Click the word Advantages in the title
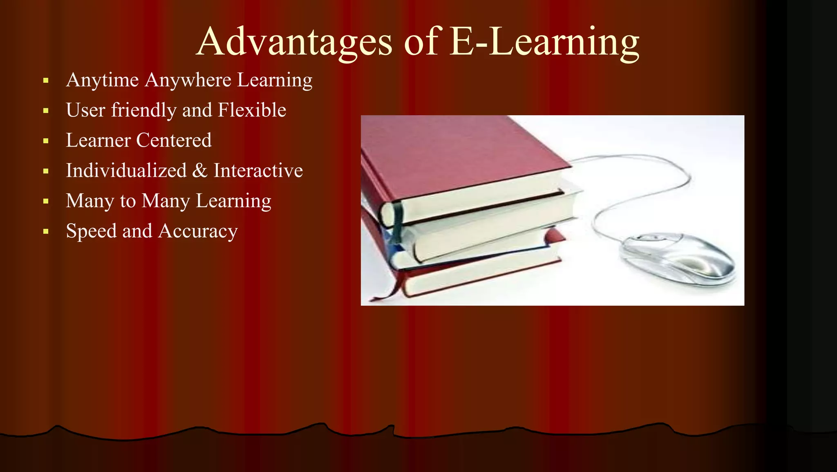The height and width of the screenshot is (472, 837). tap(294, 42)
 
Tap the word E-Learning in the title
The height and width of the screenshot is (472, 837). tap(544, 42)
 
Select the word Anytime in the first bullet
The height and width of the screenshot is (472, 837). tap(102, 80)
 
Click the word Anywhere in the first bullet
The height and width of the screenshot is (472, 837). tap(188, 80)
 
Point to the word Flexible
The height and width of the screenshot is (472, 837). tap(252, 110)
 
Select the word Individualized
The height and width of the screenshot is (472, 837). tap(126, 170)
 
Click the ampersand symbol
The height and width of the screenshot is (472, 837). tap(200, 170)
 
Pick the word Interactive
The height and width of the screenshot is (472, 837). tap(258, 170)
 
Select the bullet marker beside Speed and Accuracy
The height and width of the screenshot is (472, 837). tap(46, 232)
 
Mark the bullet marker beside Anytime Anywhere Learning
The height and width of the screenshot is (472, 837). tap(46, 81)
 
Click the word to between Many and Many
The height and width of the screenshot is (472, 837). tap(128, 201)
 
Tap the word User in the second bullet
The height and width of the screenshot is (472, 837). tap(85, 110)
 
